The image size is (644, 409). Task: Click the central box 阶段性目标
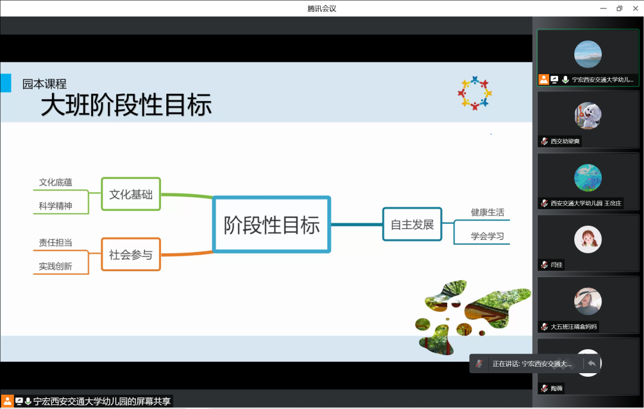pyautogui.click(x=271, y=225)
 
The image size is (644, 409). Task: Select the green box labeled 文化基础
pyautogui.click(x=131, y=194)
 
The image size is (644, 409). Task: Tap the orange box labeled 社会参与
pyautogui.click(x=131, y=254)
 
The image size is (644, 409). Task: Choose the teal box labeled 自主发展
pyautogui.click(x=412, y=225)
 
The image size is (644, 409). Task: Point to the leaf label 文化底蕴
pyautogui.click(x=55, y=182)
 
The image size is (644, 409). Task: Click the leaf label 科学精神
pyautogui.click(x=55, y=205)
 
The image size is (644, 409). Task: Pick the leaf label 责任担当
pyautogui.click(x=55, y=242)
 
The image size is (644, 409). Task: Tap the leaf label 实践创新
pyautogui.click(x=55, y=266)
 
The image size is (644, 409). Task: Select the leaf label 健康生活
pyautogui.click(x=487, y=212)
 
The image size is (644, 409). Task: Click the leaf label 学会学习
pyautogui.click(x=487, y=236)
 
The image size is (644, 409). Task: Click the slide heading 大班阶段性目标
pyautogui.click(x=126, y=105)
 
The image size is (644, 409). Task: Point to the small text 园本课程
pyautogui.click(x=44, y=84)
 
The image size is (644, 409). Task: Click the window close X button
pyautogui.click(x=636, y=8)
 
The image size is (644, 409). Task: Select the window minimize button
pyautogui.click(x=603, y=8)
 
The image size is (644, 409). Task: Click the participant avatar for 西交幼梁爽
pyautogui.click(x=588, y=116)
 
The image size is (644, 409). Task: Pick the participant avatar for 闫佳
pyautogui.click(x=588, y=239)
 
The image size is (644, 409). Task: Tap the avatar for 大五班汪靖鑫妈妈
pyautogui.click(x=588, y=302)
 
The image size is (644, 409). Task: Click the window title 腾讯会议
pyautogui.click(x=321, y=8)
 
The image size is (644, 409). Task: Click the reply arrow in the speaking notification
pyautogui.click(x=592, y=364)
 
